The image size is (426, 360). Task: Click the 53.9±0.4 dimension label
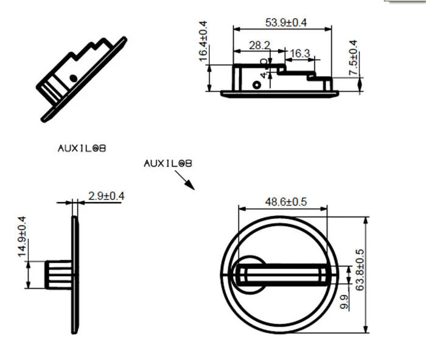coord(286,22)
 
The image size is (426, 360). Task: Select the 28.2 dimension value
coord(259,46)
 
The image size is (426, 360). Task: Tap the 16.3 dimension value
coord(299,54)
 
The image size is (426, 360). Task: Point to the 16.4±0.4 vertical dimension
coord(203,41)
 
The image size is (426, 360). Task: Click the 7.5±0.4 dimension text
coord(353,58)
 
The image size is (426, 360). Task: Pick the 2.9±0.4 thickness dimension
coord(106,196)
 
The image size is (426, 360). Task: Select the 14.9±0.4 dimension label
coord(22,237)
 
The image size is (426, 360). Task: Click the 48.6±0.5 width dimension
coord(286,202)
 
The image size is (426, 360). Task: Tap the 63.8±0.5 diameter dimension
coord(360,270)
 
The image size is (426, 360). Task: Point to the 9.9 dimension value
coord(344,302)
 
